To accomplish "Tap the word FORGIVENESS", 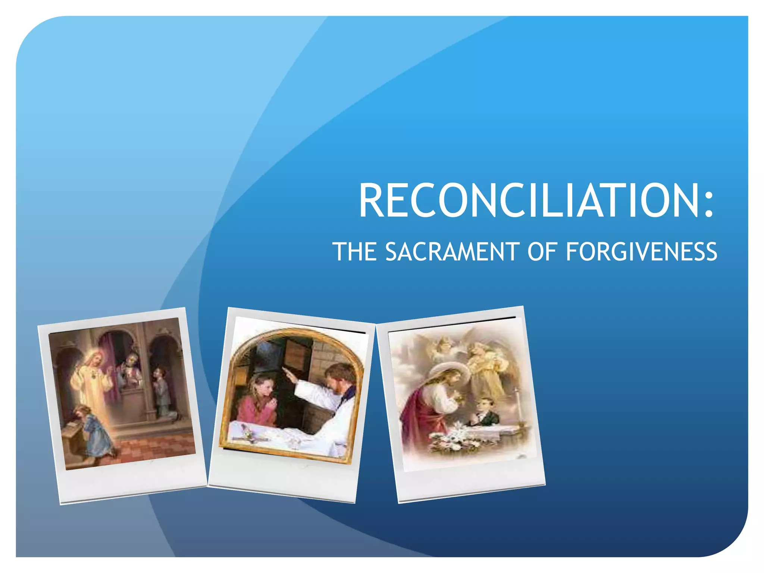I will click(x=641, y=251).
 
